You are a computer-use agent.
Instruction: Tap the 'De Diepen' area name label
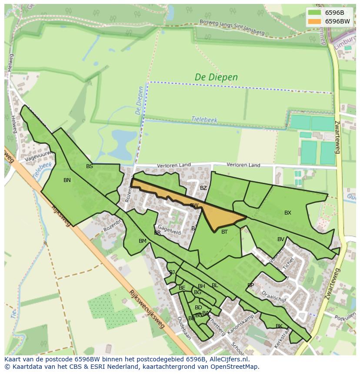coord(216,77)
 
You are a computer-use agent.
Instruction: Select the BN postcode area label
coord(67,180)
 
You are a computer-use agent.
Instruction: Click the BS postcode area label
coord(90,166)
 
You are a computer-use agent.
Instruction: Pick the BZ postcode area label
coord(203,188)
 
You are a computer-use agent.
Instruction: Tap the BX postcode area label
coord(288,213)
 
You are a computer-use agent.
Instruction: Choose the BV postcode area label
coord(281,239)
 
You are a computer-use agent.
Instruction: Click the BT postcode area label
coord(224,232)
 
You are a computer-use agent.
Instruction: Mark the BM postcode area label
coord(143,241)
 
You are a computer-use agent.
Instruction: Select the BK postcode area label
coord(279,326)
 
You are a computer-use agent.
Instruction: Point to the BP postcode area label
coord(250,285)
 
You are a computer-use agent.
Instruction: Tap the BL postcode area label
coord(215,285)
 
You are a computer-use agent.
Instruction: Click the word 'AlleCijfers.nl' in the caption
coord(227,359)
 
